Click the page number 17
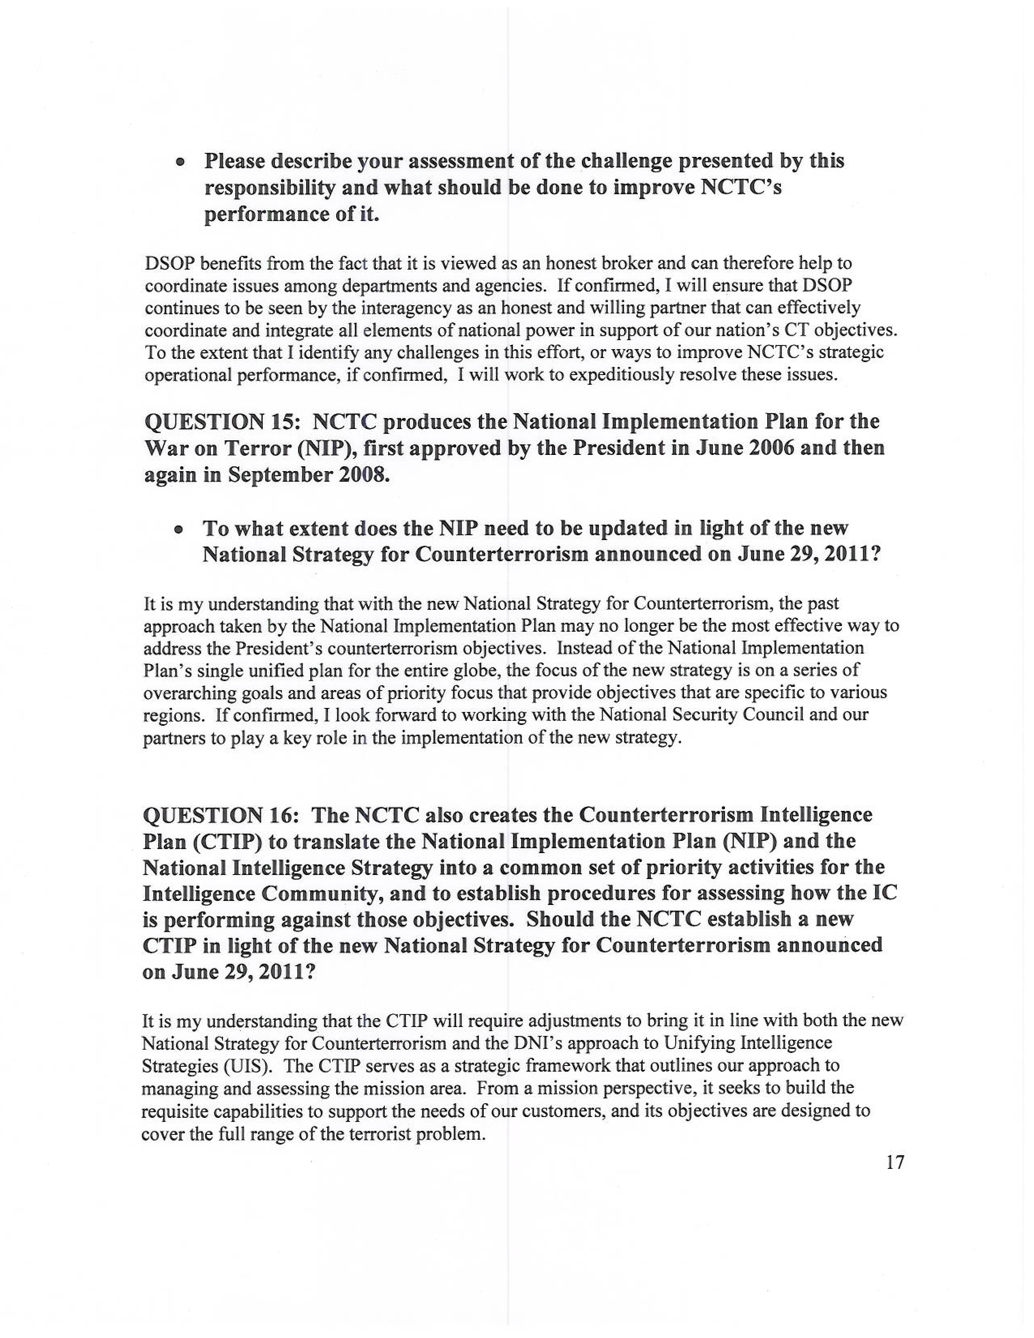point(895,1162)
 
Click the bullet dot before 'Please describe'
point(180,163)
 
